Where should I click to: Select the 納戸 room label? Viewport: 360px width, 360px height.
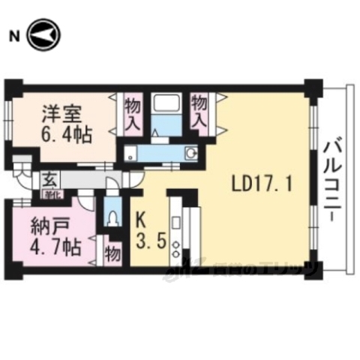click(x=46, y=223)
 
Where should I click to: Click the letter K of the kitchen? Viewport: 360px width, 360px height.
click(x=140, y=221)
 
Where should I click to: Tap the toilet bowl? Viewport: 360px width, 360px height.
click(x=113, y=217)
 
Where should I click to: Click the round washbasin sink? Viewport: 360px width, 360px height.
click(x=191, y=154)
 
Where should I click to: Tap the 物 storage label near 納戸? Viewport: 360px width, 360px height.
click(x=113, y=253)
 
